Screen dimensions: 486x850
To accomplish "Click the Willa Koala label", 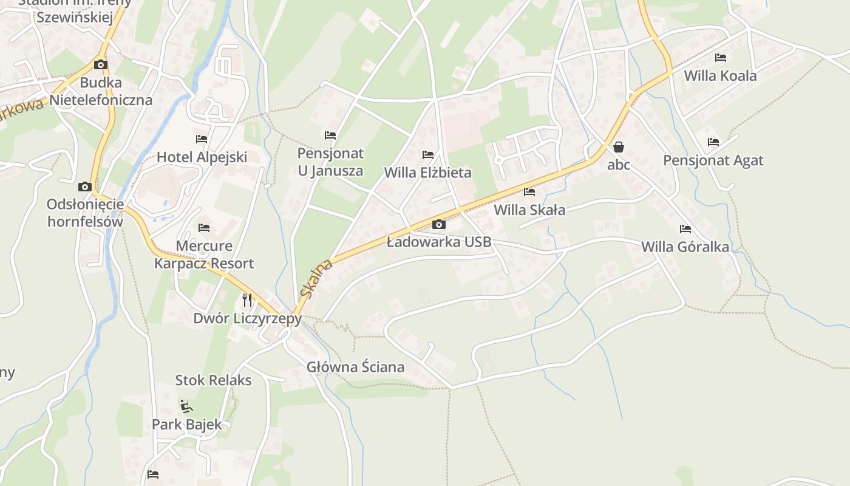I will pos(720,76).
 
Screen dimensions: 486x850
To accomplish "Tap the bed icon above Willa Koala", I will pos(721,58).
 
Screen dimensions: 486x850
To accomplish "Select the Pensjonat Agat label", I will pos(713,160).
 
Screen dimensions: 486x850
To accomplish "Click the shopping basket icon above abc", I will pos(619,147).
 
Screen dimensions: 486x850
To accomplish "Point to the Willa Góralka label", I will pos(685,247).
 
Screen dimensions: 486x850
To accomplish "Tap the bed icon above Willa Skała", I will pos(529,192).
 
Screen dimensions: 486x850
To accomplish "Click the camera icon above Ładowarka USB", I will pos(438,225).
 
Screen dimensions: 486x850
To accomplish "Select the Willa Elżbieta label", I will pos(427,173).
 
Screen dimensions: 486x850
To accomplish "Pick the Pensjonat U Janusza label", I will pos(330,162).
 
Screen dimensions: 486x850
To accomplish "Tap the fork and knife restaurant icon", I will pos(247,299).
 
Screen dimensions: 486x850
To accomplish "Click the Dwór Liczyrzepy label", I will pos(247,318).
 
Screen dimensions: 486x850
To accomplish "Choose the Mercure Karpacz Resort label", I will pos(204,255).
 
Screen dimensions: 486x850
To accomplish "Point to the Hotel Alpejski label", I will pos(202,157).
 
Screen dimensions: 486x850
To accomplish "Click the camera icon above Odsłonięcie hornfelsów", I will pos(85,187).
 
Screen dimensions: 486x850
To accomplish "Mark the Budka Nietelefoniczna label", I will pos(101,91).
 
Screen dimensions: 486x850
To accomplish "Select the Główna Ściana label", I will pos(355,367).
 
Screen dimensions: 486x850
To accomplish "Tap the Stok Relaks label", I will pos(213,380).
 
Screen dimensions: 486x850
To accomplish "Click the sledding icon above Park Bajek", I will pos(187,406).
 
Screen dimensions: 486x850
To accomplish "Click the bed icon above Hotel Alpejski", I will pos(202,139).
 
